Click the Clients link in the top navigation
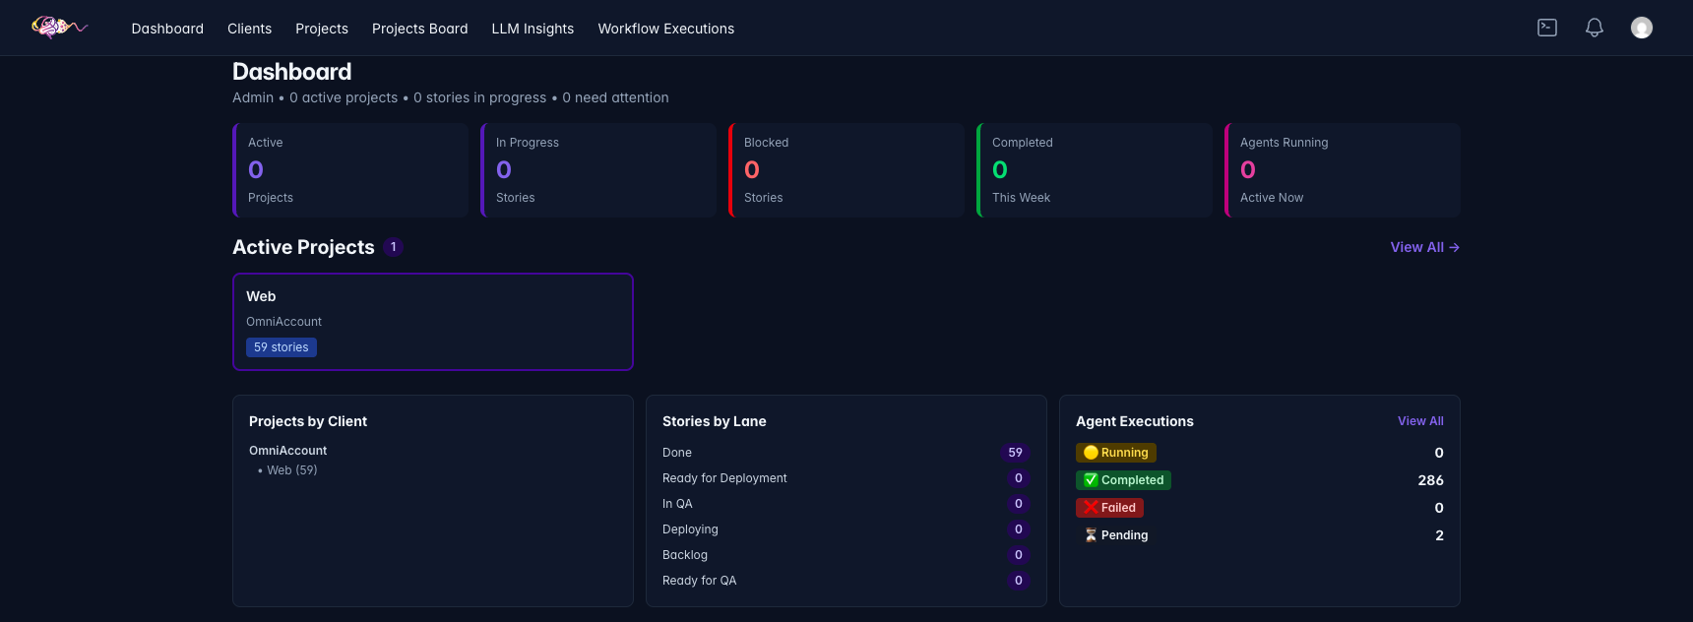pos(249,29)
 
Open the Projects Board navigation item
pos(419,29)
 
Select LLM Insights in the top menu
pos(533,29)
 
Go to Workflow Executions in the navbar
pos(665,29)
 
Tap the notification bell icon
pos(1595,28)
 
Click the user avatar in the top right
pos(1642,28)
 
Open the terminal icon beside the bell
pos(1547,28)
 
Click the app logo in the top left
pos(59,28)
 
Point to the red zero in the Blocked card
pos(752,170)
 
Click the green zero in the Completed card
pos(1000,170)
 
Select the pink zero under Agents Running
pos(1248,170)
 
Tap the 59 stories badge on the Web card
pos(282,347)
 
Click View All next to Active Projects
pos(1424,247)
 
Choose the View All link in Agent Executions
pos(1420,421)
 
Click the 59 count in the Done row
pos(1016,453)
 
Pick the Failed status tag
pos(1109,508)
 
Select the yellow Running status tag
pos(1116,453)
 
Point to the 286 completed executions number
pos(1430,480)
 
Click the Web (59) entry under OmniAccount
pos(291,470)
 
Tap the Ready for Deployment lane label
pos(724,478)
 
